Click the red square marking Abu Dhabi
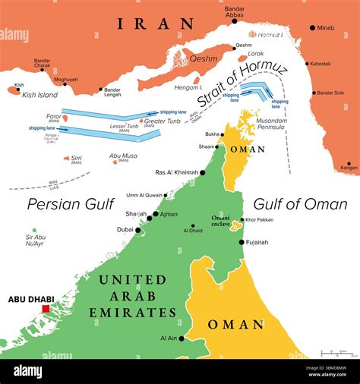(46, 309)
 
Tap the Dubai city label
(125, 229)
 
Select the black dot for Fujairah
(242, 242)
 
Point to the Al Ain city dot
(181, 338)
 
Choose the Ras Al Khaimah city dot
(202, 173)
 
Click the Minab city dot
(312, 28)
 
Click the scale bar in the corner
(338, 354)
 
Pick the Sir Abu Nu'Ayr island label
(33, 241)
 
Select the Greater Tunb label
(163, 121)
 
